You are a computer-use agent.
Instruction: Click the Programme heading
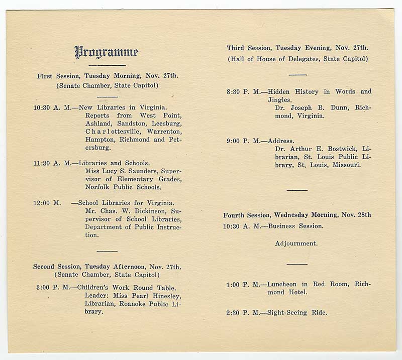pyautogui.click(x=106, y=52)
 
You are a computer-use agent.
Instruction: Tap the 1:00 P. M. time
pyautogui.click(x=243, y=285)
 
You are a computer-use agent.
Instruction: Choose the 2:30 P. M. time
pyautogui.click(x=243, y=313)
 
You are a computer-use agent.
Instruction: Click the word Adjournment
pyautogui.click(x=296, y=244)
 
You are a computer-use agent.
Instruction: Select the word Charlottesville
pyautogui.click(x=119, y=132)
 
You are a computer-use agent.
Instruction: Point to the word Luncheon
pyautogui.click(x=284, y=285)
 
